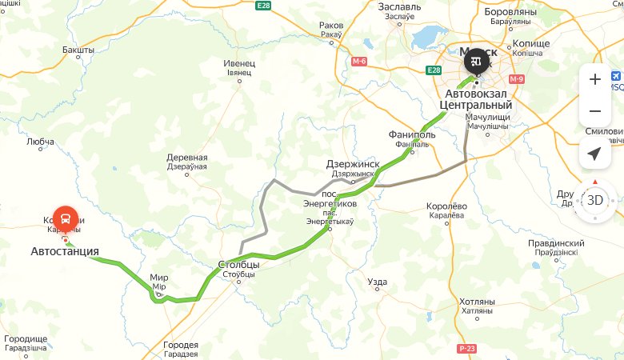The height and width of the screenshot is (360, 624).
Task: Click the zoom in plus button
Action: [594, 79]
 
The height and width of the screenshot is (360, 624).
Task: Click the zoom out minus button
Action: [594, 111]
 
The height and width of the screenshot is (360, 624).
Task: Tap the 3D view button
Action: [594, 200]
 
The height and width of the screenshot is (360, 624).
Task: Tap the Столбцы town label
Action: [238, 264]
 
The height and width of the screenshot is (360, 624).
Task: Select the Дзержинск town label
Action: [351, 164]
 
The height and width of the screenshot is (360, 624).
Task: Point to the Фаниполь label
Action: [411, 134]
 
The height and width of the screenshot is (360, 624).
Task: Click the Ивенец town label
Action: [239, 63]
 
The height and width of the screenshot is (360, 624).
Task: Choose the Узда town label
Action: [377, 282]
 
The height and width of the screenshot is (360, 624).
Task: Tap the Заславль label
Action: [399, 6]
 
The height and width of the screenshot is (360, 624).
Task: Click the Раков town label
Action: [330, 26]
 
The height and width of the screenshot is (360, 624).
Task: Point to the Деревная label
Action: [186, 158]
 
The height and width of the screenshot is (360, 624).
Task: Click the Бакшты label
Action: [78, 50]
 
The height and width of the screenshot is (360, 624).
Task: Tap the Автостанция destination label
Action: [65, 251]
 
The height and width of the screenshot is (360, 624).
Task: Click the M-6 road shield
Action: [358, 62]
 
